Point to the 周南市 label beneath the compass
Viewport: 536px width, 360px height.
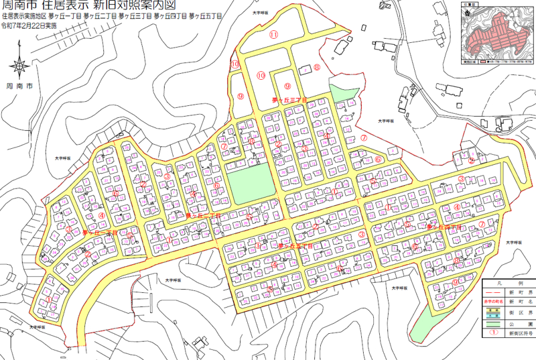19,86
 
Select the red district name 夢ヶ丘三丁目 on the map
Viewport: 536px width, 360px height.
289,99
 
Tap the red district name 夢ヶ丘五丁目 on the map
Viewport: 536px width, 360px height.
295,246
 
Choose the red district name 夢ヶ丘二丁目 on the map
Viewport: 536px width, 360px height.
203,216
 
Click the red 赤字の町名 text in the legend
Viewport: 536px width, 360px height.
493,302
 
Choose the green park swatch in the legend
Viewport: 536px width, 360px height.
493,324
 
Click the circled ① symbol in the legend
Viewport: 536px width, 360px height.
493,333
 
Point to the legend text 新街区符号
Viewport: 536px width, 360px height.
521,333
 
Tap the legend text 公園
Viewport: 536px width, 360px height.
521,324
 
